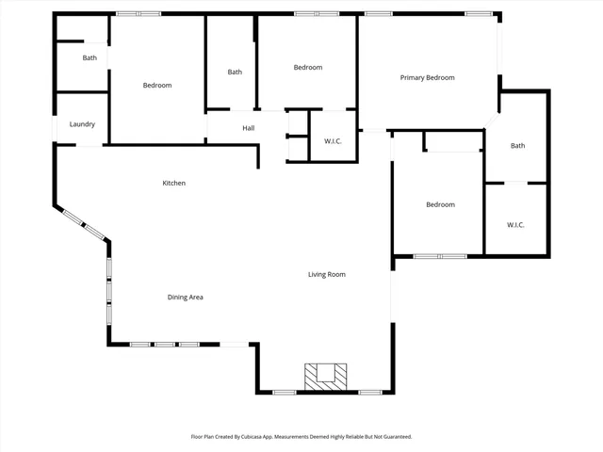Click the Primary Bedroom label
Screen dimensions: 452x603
[427, 77]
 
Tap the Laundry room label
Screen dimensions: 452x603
[82, 124]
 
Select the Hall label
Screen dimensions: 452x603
[248, 128]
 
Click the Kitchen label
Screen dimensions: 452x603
[173, 183]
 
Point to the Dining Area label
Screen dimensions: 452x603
[186, 297]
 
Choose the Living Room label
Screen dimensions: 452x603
[327, 274]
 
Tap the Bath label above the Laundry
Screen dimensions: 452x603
[90, 58]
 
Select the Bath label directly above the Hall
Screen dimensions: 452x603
[235, 72]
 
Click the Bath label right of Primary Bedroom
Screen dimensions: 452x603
[517, 145]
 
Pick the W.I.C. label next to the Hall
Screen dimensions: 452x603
[333, 142]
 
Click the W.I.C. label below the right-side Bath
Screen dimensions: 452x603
[515, 224]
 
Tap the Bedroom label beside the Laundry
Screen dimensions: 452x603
[157, 86]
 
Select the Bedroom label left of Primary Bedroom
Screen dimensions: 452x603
[308, 67]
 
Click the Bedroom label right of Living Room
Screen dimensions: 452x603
[440, 204]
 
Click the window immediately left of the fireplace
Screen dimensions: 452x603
[285, 392]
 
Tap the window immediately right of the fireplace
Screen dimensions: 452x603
[370, 392]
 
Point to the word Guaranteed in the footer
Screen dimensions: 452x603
[394, 437]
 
